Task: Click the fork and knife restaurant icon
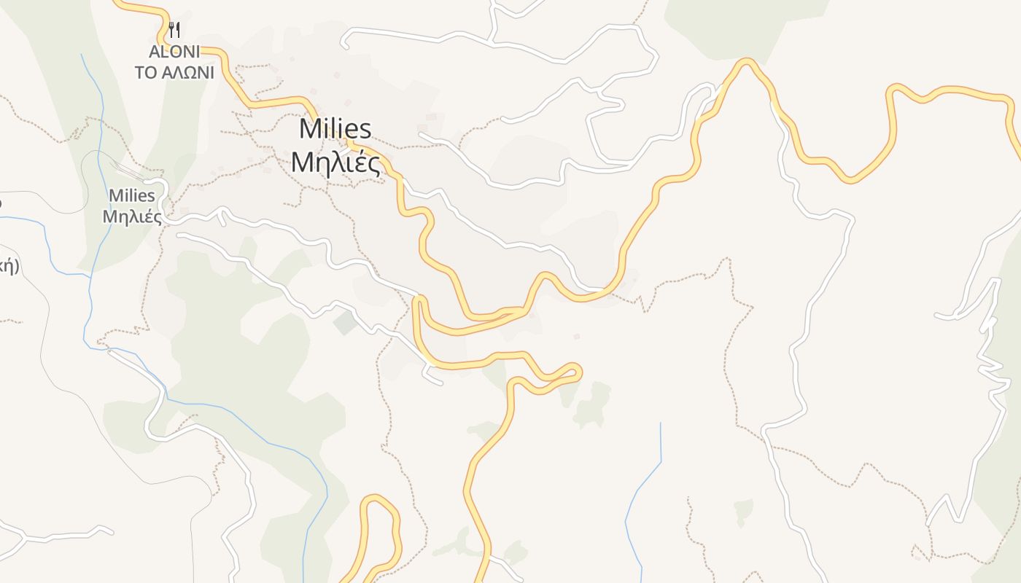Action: pos(174,30)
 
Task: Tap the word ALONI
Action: pos(174,52)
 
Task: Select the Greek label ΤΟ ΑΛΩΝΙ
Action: pos(174,72)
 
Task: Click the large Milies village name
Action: pos(335,129)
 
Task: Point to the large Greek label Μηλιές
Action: pos(335,163)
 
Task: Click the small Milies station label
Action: pos(132,195)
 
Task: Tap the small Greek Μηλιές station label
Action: pos(132,216)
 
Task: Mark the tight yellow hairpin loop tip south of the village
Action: pos(577,372)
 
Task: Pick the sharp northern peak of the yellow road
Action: pos(745,63)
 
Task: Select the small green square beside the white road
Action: pos(345,322)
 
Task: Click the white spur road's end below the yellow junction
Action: pos(439,382)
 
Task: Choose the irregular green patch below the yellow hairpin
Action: pos(592,405)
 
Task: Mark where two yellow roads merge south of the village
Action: pos(519,312)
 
